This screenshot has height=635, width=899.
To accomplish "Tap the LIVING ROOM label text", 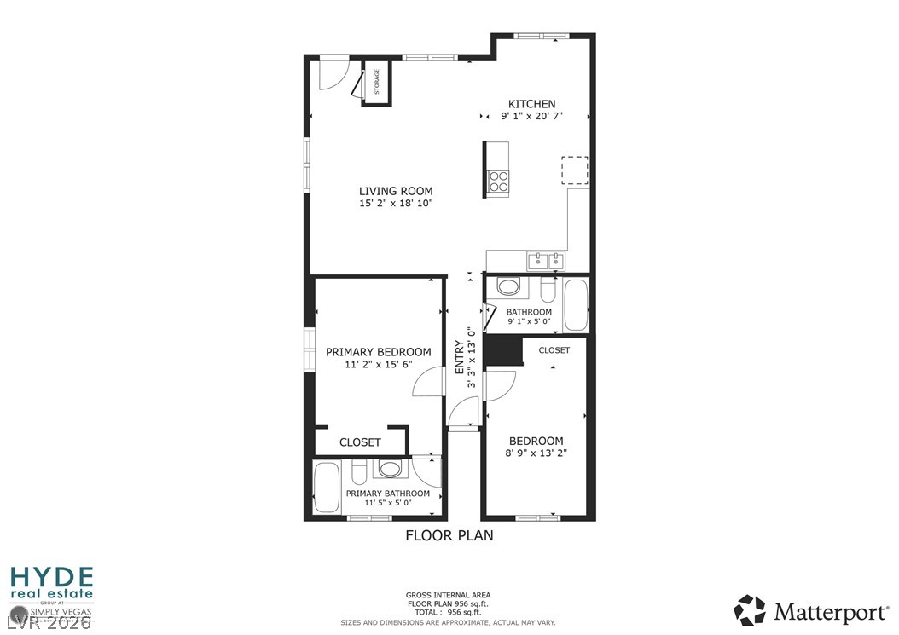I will click(395, 191).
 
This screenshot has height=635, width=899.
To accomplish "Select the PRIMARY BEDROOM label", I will click(378, 352).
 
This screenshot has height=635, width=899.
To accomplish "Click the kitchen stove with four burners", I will click(498, 181).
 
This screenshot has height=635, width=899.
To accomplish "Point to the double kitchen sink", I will click(546, 260).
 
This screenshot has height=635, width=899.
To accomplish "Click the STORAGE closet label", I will click(376, 82).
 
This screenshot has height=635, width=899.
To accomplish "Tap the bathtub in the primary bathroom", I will click(328, 488).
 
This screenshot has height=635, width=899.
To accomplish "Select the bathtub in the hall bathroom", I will click(576, 305).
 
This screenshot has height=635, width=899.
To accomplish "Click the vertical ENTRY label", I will click(460, 358).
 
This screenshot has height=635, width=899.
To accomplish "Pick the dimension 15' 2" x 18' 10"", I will click(395, 204).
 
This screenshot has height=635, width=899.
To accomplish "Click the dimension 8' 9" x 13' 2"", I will click(536, 453).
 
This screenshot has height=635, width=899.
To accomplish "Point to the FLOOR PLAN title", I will click(449, 536).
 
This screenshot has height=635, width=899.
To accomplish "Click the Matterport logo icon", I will click(751, 610).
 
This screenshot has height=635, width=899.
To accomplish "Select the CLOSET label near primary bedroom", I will click(360, 442).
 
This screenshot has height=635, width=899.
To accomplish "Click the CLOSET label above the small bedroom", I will click(554, 350).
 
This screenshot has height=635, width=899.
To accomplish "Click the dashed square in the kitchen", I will click(575, 170).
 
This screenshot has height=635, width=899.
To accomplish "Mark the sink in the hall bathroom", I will click(509, 286).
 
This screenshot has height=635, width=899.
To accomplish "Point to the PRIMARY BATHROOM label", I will click(387, 494).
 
